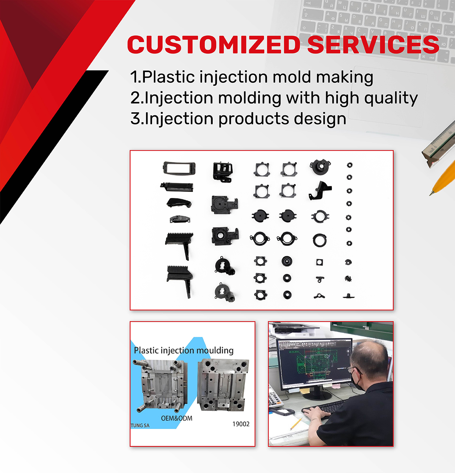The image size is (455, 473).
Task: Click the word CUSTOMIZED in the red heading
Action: pos(214,44)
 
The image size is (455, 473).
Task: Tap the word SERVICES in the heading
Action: pos(373,44)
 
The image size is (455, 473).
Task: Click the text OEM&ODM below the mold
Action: pos(177,418)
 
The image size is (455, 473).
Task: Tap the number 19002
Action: pos(241,424)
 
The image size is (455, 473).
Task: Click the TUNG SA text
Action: pos(140,426)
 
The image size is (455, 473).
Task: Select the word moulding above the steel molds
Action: pos(215,350)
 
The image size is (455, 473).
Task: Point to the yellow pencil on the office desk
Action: pos(296,424)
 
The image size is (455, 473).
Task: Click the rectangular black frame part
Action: pos(179,168)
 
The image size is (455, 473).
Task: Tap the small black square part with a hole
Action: pos(319,262)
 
